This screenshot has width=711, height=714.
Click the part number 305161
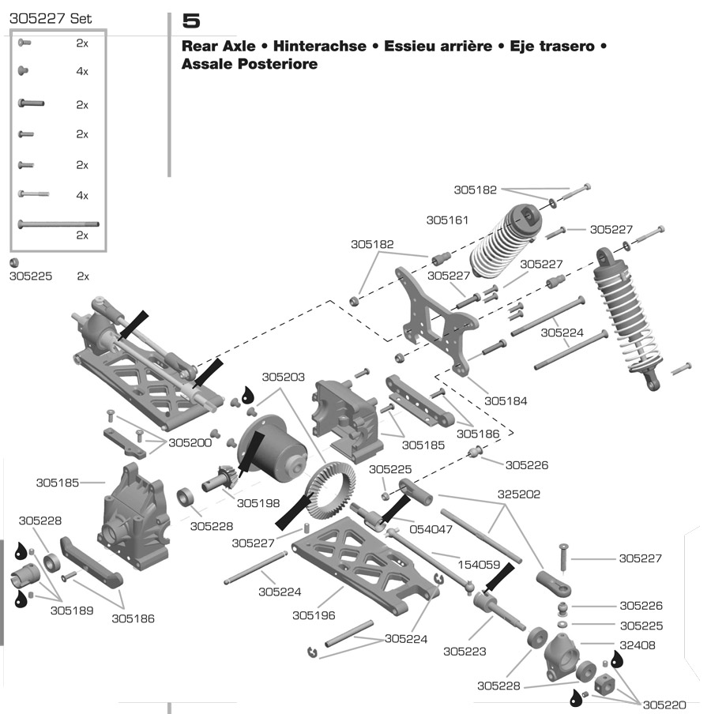tap(448, 220)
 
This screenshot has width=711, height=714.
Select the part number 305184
tap(506, 401)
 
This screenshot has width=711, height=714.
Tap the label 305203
tap(284, 378)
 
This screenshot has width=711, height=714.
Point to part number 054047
tap(431, 529)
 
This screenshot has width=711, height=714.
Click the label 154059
tap(480, 566)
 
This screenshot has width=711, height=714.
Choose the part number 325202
tap(519, 494)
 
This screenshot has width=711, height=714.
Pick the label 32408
tap(638, 645)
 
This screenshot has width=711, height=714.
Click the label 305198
tap(258, 502)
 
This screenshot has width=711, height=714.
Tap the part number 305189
tap(72, 611)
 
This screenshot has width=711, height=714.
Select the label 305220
tap(664, 705)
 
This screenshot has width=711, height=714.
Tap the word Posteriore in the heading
tap(276, 65)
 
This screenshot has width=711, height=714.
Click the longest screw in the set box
tap(58, 224)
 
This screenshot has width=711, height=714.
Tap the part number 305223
tap(465, 652)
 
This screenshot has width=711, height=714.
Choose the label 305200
tap(190, 443)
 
